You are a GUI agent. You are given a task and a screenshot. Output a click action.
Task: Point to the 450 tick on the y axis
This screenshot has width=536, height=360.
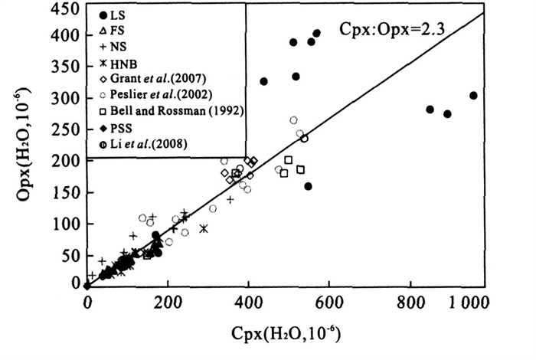click(67, 10)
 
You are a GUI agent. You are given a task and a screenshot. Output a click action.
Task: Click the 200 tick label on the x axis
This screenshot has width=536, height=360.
click(168, 302)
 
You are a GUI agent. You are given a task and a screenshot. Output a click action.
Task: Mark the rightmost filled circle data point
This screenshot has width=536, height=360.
click(473, 96)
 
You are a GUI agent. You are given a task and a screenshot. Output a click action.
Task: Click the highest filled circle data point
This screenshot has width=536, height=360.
click(316, 33)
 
